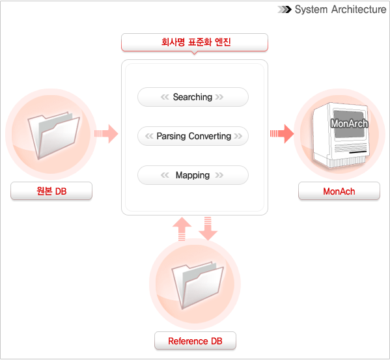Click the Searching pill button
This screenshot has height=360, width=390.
pyautogui.click(x=193, y=97)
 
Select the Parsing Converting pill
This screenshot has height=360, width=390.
pyautogui.click(x=193, y=136)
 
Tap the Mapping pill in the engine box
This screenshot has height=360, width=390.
pyautogui.click(x=193, y=175)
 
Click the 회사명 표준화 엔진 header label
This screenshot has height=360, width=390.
pyautogui.click(x=195, y=42)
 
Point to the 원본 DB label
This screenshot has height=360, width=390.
pyautogui.click(x=51, y=191)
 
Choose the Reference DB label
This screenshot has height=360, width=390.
pyautogui.click(x=195, y=341)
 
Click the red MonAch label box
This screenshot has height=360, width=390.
pyautogui.click(x=339, y=191)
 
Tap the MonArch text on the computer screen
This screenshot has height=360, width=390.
pyautogui.click(x=349, y=123)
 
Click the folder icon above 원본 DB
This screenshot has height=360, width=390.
pyautogui.click(x=53, y=135)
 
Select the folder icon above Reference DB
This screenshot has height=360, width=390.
pyautogui.click(x=197, y=284)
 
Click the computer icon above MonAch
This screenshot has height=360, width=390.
pyautogui.click(x=341, y=135)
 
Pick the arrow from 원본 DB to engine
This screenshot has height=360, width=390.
pyautogui.click(x=106, y=133)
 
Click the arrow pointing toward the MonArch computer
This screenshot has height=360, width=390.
pyautogui.click(x=282, y=133)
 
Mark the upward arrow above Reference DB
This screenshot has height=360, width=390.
pyautogui.click(x=182, y=229)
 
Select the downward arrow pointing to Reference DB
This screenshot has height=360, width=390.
pyautogui.click(x=208, y=228)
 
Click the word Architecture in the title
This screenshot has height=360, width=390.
pyautogui.click(x=359, y=10)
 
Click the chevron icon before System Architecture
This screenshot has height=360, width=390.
pyautogui.click(x=285, y=10)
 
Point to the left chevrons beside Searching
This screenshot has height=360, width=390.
pyautogui.click(x=165, y=97)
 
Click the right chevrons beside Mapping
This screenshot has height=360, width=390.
pyautogui.click(x=219, y=175)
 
